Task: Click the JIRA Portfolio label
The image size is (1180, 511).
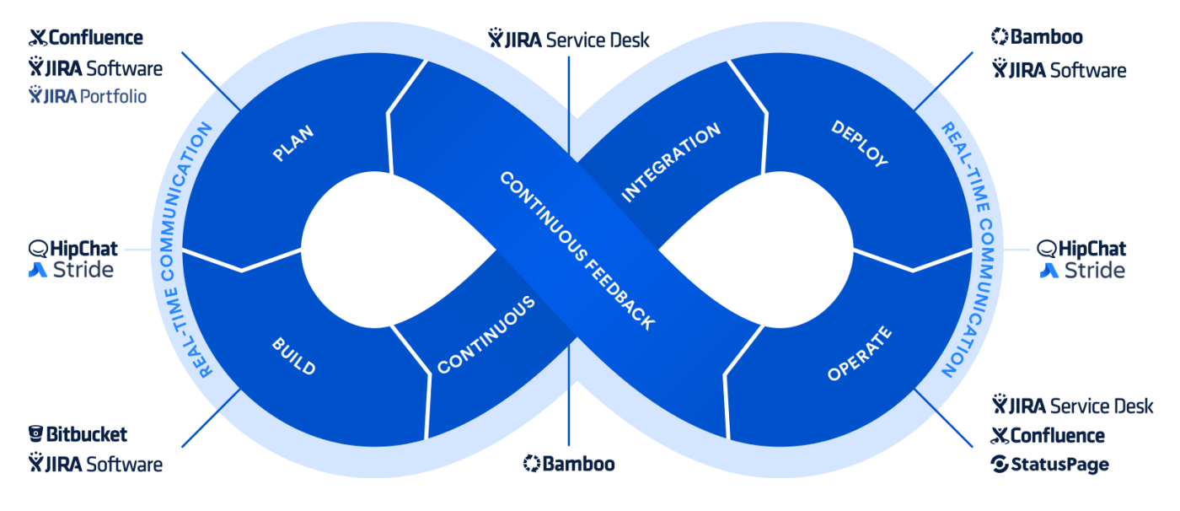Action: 88,96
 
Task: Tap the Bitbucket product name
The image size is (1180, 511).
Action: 87,435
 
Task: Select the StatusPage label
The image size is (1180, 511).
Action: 1059,465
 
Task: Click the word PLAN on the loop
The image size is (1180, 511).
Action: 292,143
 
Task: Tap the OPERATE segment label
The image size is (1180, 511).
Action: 859,354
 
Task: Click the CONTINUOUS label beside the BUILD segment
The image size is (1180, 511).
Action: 485,336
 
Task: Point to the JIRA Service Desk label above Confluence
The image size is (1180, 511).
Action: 1072,406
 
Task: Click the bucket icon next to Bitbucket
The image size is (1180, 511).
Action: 36,435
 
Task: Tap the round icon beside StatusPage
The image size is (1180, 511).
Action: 1000,465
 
